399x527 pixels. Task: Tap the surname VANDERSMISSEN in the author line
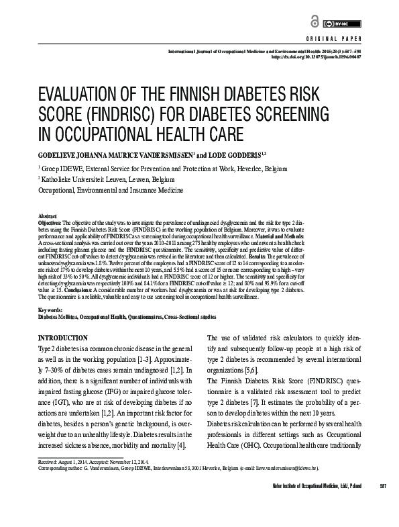pyautogui.click(x=156, y=153)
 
